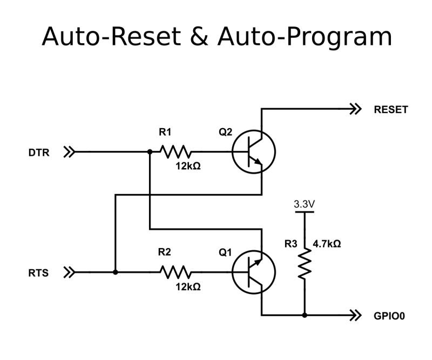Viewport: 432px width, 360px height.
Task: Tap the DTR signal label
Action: click(38, 152)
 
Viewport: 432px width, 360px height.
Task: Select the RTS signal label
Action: click(38, 273)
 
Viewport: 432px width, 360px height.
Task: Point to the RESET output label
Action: click(391, 110)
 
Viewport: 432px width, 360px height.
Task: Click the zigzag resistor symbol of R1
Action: click(175, 152)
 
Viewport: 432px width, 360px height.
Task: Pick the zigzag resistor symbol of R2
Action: click(175, 272)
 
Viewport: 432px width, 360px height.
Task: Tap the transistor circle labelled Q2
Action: click(254, 152)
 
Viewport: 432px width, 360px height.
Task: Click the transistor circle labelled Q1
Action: click(254, 272)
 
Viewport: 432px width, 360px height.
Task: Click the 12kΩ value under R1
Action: click(188, 166)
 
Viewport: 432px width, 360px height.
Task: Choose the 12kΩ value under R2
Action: click(188, 287)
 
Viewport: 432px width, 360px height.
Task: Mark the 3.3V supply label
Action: click(305, 205)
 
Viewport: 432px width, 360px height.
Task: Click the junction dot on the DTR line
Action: click(149, 152)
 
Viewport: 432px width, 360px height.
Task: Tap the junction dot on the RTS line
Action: click(116, 272)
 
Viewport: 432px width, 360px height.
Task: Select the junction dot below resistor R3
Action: click(305, 315)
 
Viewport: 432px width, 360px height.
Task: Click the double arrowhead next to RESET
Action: click(355, 110)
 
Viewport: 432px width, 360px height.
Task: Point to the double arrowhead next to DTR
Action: click(69, 152)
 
